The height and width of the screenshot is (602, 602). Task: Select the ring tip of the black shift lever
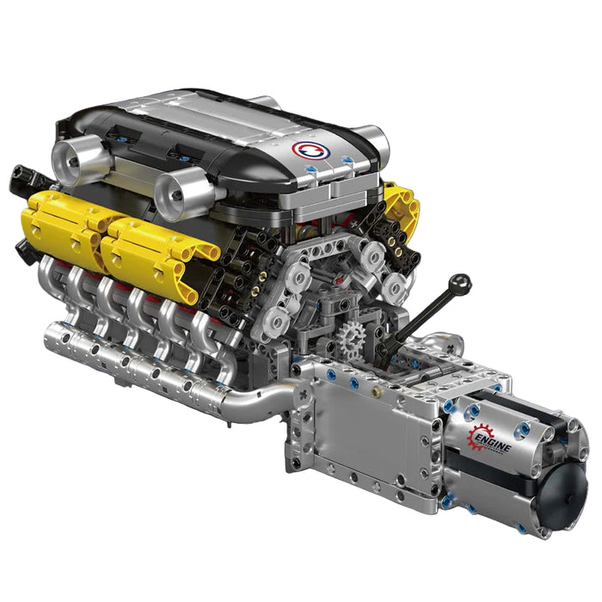[462, 282]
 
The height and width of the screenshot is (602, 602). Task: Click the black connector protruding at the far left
[21, 178]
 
